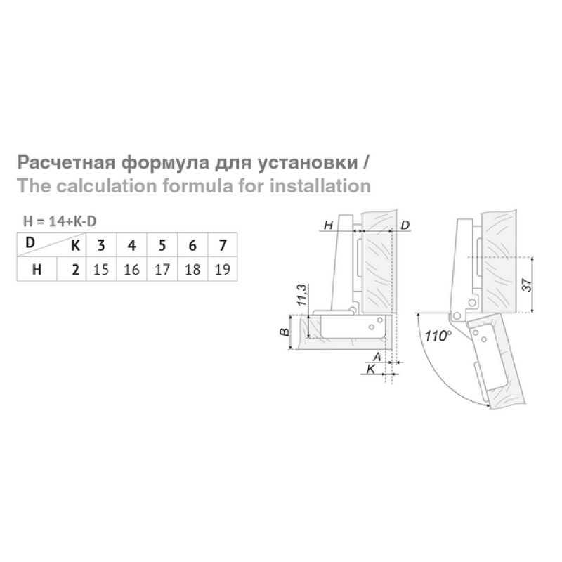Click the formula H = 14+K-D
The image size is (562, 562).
coord(60,221)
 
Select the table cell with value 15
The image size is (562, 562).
coord(101,269)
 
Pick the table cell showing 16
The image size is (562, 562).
coord(131,269)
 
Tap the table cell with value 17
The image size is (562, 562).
coord(162,269)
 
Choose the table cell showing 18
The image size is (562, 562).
coord(192,269)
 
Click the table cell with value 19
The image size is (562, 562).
coord(222,269)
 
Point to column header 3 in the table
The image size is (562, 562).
coord(101,245)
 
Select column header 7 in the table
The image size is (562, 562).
coord(223,245)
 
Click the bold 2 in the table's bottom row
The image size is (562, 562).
coord(75,270)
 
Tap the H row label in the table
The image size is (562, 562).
coord(37,270)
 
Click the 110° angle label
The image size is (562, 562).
coord(438,336)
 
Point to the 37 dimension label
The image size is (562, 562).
coord(527,285)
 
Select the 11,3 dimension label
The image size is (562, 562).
coord(302,295)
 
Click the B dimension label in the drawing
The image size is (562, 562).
coord(285,332)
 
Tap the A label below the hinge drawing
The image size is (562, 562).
coord(377,357)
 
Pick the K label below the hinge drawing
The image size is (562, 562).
coord(371,368)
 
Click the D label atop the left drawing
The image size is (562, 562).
coord(405,225)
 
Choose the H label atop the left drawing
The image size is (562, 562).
coord(328,225)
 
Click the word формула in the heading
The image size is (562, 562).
coord(165,163)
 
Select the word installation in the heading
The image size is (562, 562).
coord(320,186)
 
